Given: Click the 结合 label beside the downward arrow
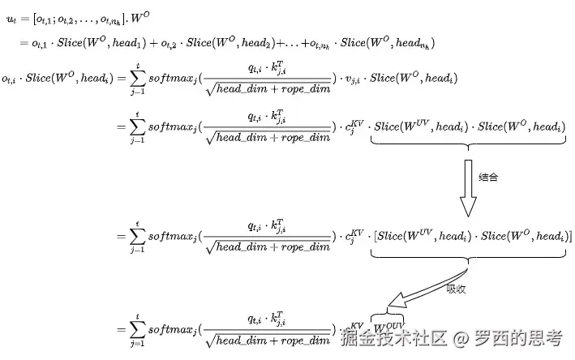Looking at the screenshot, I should [x=488, y=177].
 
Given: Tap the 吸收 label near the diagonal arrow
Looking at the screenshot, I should [x=456, y=288].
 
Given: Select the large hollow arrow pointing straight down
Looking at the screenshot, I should [x=468, y=187].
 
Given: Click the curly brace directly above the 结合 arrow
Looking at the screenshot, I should [x=468, y=146].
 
